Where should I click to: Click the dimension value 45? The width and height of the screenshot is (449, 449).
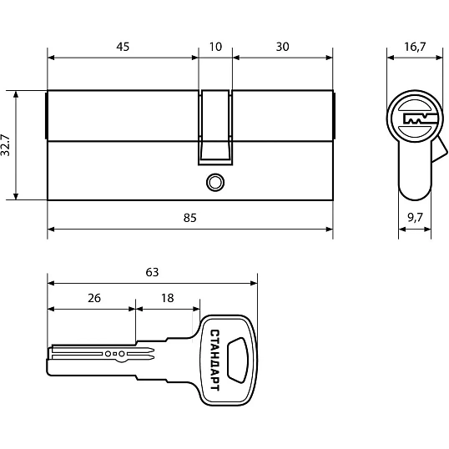coord(123,47)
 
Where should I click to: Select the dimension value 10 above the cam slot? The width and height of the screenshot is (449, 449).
coord(215,47)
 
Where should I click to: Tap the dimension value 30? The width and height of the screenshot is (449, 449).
coord(282,47)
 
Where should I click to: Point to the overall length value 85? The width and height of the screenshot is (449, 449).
coord(189,218)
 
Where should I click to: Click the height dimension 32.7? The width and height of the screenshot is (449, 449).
coord(6,145)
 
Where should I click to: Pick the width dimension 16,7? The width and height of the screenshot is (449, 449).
coord(415,47)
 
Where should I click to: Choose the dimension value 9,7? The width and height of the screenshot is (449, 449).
coord(415,218)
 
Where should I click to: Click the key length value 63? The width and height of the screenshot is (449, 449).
coord(152,272)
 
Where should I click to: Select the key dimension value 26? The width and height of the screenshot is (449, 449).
coord(94,298)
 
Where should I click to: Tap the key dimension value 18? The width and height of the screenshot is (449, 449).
coord(168,298)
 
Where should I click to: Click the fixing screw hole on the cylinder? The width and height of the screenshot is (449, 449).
coord(215,183)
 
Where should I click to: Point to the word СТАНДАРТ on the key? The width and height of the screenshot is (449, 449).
coord(215,360)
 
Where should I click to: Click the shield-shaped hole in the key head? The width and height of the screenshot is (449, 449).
coord(238,360)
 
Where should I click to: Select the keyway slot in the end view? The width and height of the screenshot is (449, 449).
coord(419,119)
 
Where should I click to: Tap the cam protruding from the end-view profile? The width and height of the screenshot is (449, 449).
coord(439,149)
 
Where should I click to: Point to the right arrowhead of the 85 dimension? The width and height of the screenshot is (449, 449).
coord(330,229)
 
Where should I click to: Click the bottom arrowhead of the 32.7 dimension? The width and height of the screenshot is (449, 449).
coord(16,196)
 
